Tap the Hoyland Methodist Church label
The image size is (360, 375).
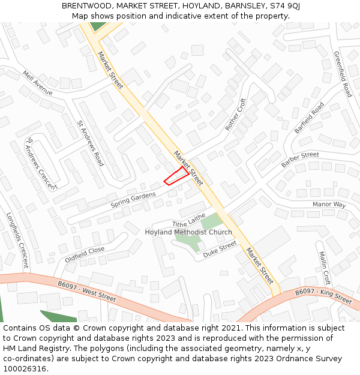pyautogui.click(x=188, y=232)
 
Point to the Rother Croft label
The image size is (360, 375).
pyautogui.click(x=236, y=115)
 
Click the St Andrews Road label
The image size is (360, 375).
pyautogui.click(x=91, y=143)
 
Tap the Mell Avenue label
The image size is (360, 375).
pyautogui.click(x=38, y=83)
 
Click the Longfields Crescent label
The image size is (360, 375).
pyautogui.click(x=17, y=240)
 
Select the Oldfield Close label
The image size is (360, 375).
pyautogui.click(x=85, y=255)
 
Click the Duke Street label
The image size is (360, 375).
pyautogui.click(x=220, y=250)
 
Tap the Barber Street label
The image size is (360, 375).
pyautogui.click(x=300, y=159)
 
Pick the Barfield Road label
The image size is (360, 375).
pyautogui.click(x=309, y=118)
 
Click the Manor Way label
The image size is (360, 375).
pyautogui.click(x=329, y=205)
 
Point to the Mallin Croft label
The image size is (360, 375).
pyautogui.click(x=325, y=268)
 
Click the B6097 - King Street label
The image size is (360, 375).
pyautogui.click(x=323, y=295)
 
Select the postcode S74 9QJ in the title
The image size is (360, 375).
pyautogui.click(x=285, y=6)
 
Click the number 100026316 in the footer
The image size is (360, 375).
pyautogui.click(x=25, y=368)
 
